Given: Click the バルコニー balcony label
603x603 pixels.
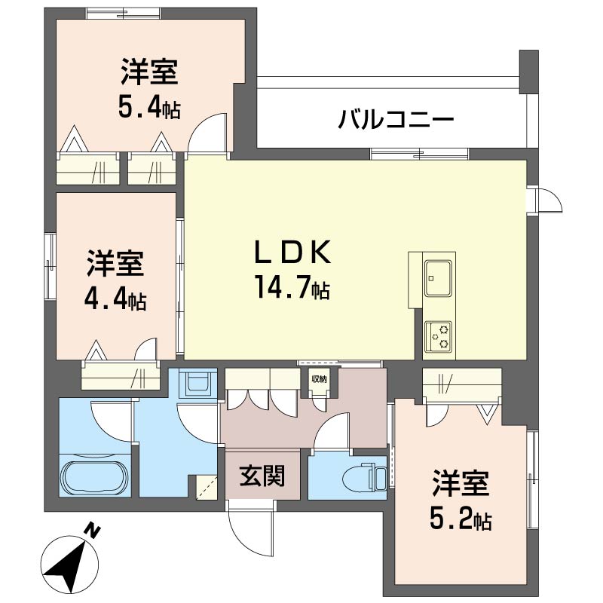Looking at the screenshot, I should click(x=396, y=119).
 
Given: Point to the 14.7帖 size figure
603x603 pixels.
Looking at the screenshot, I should click(x=292, y=289).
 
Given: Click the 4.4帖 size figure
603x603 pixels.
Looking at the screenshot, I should click(x=115, y=300).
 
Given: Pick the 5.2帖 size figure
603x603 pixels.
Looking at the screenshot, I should click(x=461, y=519).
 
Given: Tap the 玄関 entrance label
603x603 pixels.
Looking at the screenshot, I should click(x=262, y=476).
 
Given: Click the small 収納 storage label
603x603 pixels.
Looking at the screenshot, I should click(x=319, y=379).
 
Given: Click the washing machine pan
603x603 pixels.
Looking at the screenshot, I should click(x=197, y=384).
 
